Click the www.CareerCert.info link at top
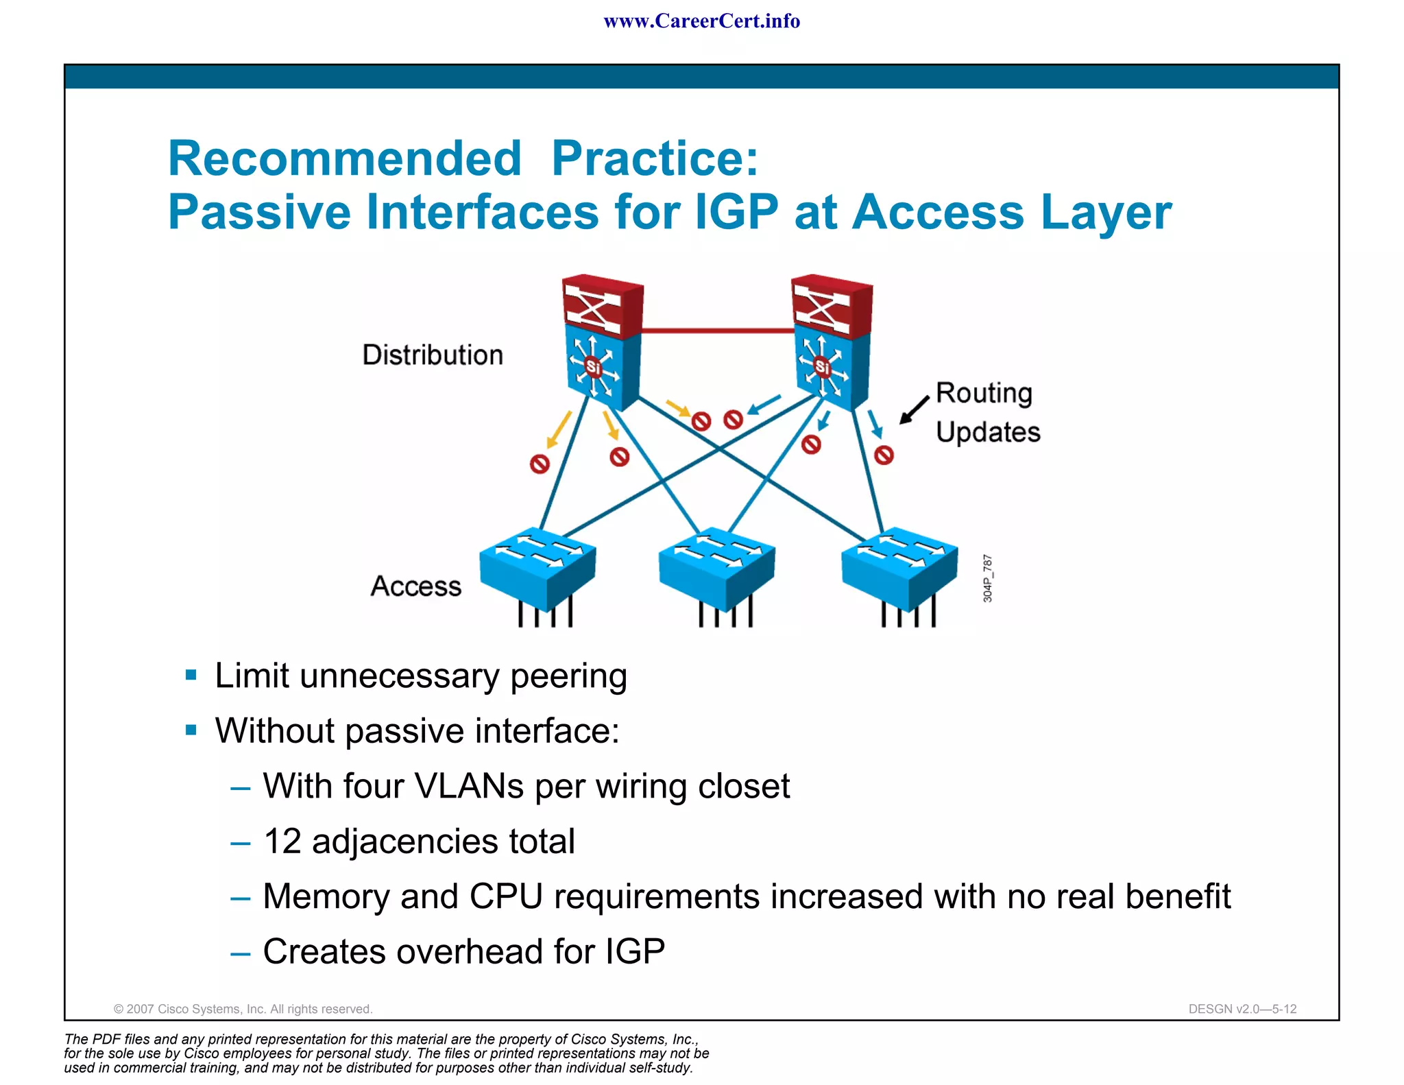pos(701,21)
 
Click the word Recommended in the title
pos(345,159)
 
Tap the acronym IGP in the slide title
pos(736,212)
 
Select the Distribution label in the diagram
pos(433,355)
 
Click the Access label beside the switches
pos(416,586)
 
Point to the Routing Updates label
pos(987,412)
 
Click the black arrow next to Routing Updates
pos(914,410)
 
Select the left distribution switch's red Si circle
pos(593,368)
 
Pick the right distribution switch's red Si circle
pos(822,368)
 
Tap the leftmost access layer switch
pos(538,566)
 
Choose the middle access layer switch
pos(717,566)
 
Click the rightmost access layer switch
pos(899,566)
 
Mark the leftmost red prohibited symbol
pos(540,464)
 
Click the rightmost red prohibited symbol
pos(884,455)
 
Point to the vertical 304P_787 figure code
pos(987,578)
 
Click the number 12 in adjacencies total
pos(282,842)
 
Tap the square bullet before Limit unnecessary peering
pos(191,676)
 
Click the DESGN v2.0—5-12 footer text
pos(1242,1009)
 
